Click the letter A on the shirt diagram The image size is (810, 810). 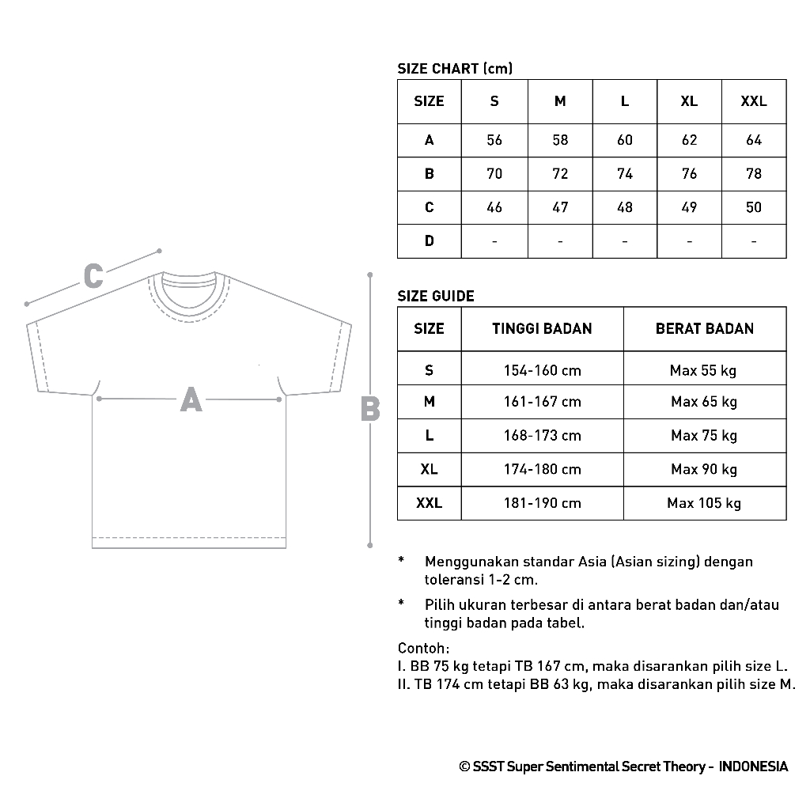[191, 399]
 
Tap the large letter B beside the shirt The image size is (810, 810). [369, 409]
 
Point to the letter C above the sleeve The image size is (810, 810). [93, 277]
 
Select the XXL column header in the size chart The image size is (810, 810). [753, 101]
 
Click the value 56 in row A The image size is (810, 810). [494, 140]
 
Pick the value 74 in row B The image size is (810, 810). [625, 174]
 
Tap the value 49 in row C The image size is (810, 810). [689, 207]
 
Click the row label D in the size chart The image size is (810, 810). [429, 240]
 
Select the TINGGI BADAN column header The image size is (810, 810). [542, 328]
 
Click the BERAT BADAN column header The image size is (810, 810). [704, 328]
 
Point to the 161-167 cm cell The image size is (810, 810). [542, 402]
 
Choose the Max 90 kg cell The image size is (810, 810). [704, 469]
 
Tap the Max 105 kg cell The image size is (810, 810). [704, 503]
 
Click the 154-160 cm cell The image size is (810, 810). [542, 370]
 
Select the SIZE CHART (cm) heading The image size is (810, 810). [455, 69]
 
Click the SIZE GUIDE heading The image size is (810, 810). [436, 297]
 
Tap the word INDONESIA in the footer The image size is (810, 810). [754, 766]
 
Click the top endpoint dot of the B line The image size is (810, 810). [369, 275]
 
